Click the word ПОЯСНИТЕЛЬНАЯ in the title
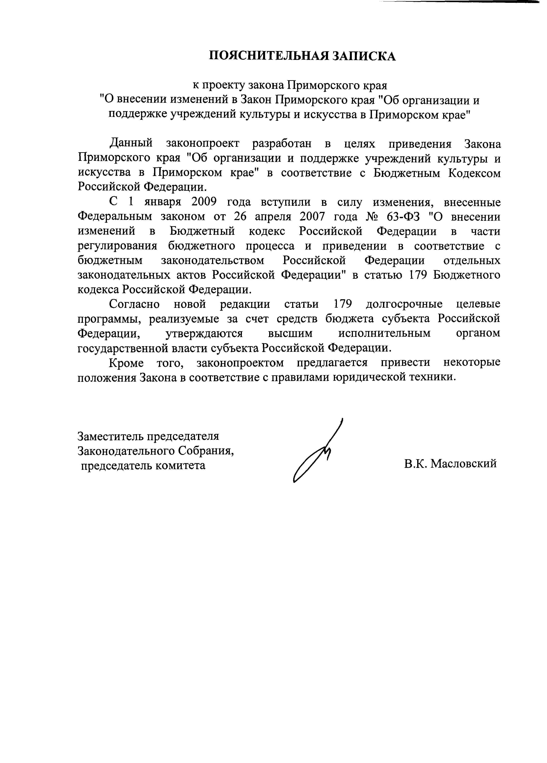coord(268,56)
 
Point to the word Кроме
coord(126,363)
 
